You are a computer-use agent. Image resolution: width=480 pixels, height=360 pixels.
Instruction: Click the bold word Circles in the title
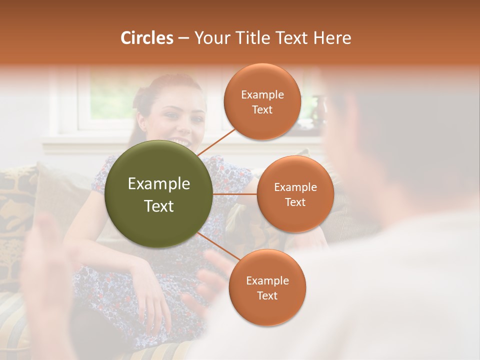[147, 38]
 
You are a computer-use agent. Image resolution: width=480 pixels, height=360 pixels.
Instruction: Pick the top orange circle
[262, 101]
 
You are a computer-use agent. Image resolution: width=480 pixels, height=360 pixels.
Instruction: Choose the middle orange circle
[295, 194]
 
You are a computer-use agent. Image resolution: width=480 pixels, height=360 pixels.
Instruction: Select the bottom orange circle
[267, 287]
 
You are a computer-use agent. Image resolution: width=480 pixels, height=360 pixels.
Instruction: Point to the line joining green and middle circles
[235, 194]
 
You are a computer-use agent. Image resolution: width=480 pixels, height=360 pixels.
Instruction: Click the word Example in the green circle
[159, 184]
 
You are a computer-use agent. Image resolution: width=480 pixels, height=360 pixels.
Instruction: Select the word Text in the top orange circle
[262, 109]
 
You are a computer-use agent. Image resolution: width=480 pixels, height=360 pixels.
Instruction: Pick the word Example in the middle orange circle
[295, 187]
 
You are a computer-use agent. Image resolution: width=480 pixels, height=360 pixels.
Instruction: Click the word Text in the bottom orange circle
[267, 295]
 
